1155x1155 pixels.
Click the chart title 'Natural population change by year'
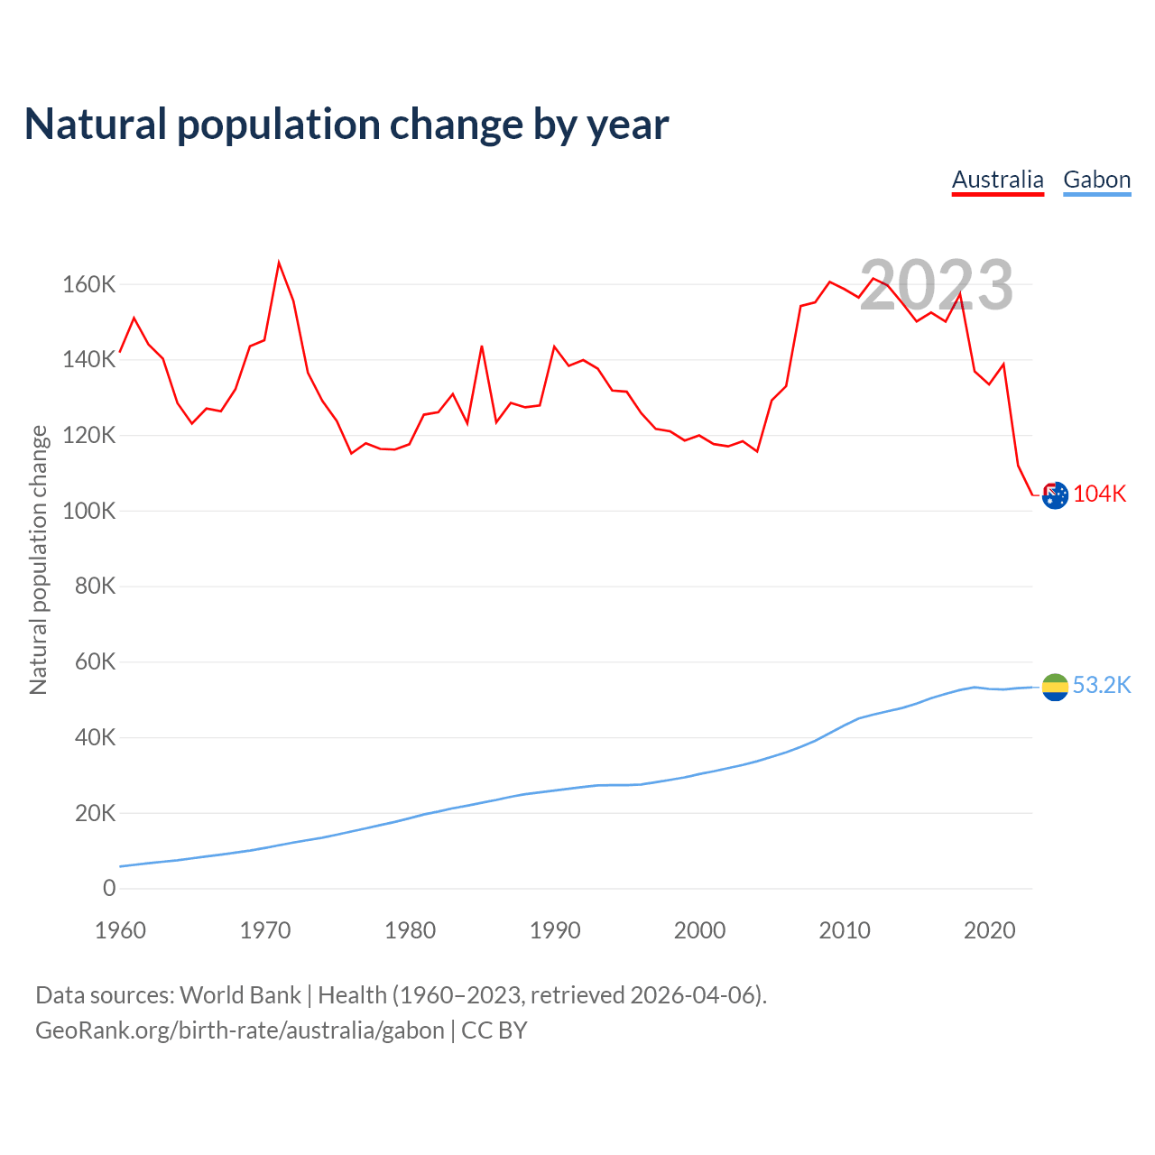pos(346,125)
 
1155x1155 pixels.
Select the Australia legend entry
pos(997,180)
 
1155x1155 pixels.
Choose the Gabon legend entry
pos(1096,180)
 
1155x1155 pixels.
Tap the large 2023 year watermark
pos(936,285)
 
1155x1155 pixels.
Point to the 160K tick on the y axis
pos(89,285)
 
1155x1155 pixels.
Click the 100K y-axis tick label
pos(89,512)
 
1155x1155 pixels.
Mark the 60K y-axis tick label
pos(94,662)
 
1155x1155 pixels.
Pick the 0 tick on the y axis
pos(109,889)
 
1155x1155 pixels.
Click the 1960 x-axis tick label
pos(120,930)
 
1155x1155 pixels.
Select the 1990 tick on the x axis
pos(555,930)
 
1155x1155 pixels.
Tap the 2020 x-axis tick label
pos(990,930)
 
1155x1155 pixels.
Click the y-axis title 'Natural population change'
pos(39,559)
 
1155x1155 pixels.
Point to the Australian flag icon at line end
pos(1055,494)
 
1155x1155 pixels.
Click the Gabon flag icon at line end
pos(1055,687)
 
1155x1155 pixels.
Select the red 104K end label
pos(1100,494)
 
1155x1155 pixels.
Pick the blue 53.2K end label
pos(1102,686)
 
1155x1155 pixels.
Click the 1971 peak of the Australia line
pos(279,263)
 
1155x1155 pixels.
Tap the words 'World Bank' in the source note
pos(240,995)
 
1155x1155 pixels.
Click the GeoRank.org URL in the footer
pos(240,1030)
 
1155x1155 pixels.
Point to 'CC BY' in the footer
pos(494,1030)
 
